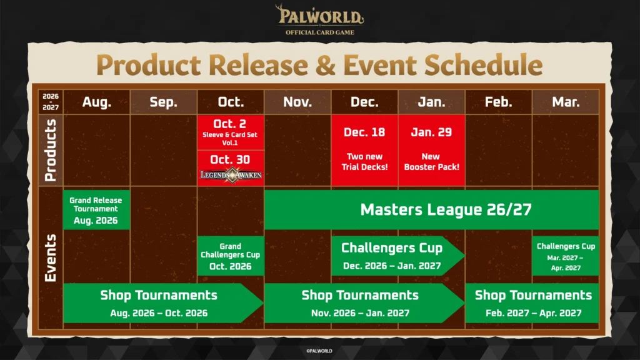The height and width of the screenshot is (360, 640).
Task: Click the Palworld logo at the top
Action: point(319,19)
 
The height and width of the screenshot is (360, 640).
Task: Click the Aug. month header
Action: point(97,102)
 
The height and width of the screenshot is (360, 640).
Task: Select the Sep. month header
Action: point(164,102)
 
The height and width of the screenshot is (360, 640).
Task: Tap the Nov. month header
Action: point(297,102)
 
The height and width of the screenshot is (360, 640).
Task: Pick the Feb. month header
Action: point(498,102)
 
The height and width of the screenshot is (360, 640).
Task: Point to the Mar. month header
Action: point(566,102)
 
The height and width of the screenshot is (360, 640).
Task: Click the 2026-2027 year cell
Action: point(51,102)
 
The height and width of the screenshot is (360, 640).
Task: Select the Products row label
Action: point(51,150)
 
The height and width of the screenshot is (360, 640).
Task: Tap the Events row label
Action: point(51,258)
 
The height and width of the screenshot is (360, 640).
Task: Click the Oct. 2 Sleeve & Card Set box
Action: point(231,132)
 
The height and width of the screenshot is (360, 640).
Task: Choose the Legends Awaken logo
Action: point(231,175)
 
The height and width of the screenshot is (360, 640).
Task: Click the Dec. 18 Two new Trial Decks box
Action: point(364,150)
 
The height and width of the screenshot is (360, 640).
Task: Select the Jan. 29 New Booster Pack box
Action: point(431,150)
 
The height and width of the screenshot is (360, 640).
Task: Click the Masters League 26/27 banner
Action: point(431,210)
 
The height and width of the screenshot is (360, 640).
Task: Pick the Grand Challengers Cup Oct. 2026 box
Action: point(231,256)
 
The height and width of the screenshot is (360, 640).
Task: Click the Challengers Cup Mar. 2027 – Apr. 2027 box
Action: point(566,256)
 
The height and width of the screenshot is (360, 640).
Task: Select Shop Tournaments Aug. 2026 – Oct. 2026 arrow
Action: point(163,303)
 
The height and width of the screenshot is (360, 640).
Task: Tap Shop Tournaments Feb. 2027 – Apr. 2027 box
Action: point(532,303)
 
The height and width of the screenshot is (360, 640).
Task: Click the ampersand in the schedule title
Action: point(325,65)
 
